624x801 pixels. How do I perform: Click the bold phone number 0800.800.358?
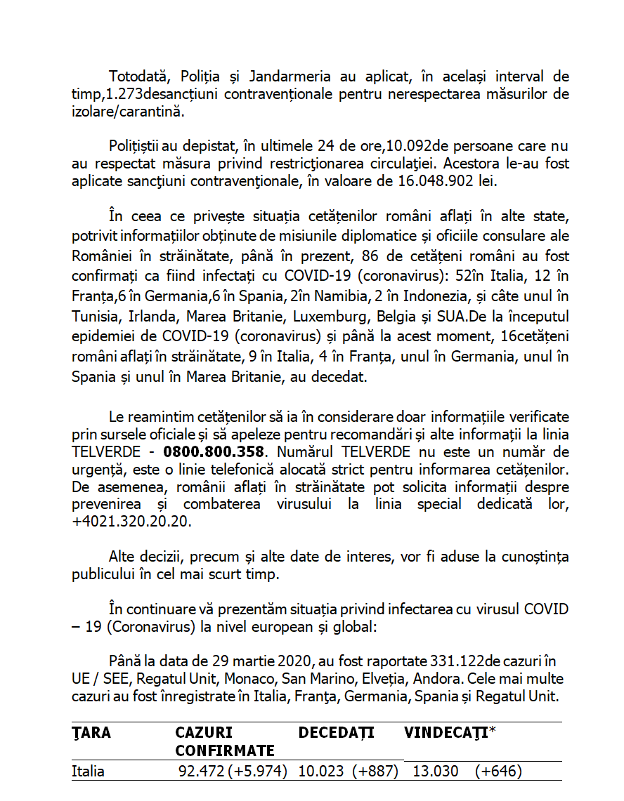click(x=214, y=451)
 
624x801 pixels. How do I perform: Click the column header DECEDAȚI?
click(x=337, y=733)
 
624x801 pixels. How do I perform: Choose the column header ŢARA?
click(x=91, y=733)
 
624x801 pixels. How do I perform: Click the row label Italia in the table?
click(x=89, y=771)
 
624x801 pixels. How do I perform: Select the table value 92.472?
click(x=201, y=771)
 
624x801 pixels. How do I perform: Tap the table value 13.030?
click(x=435, y=771)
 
